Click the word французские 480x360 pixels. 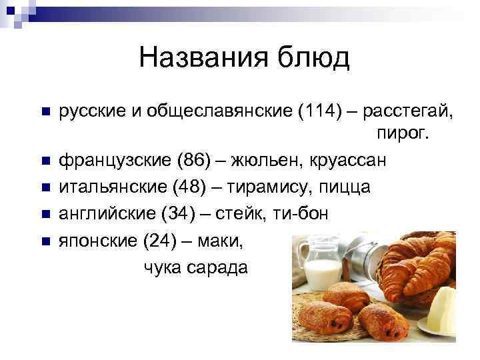point(115,161)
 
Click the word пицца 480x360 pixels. point(342,187)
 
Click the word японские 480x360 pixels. point(98,241)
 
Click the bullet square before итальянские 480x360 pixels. point(45,188)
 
